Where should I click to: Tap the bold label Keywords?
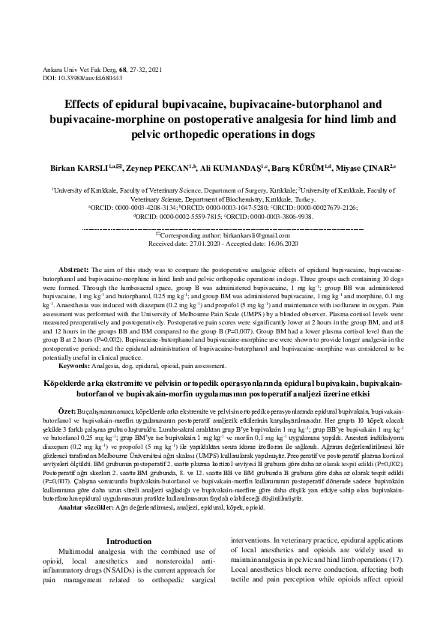(x=77, y=365)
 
